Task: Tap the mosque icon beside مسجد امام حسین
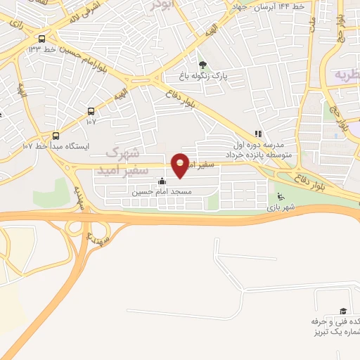tap(162, 181)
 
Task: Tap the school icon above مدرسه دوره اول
tap(258, 133)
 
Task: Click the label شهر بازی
tap(281, 207)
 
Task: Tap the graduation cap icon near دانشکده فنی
tap(342, 311)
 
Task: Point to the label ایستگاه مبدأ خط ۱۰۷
tap(56, 146)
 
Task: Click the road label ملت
tap(309, 27)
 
